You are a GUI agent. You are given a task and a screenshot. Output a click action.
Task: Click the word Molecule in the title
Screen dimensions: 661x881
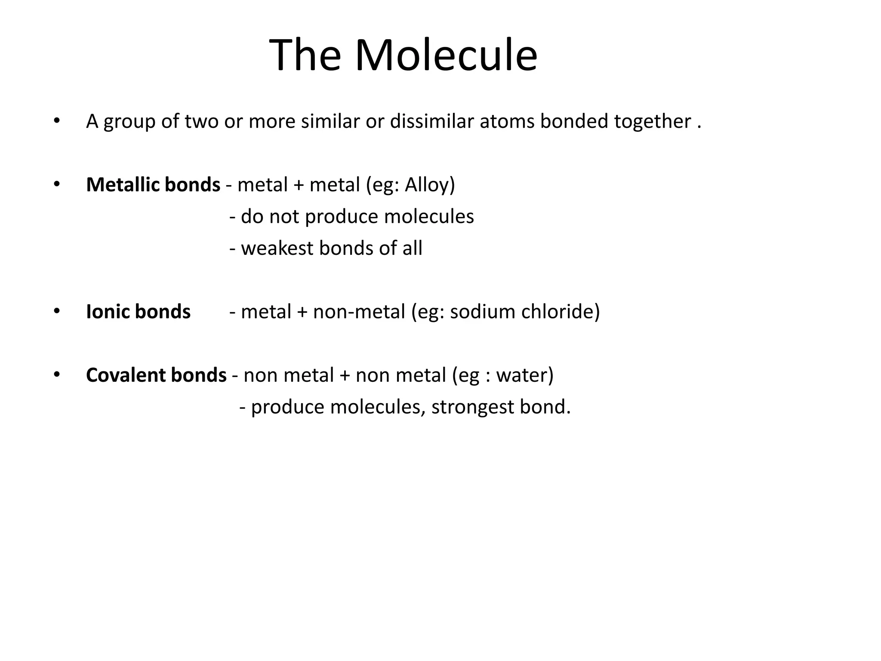coord(446,56)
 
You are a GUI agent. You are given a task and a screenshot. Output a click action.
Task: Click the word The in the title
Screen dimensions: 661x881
coord(305,56)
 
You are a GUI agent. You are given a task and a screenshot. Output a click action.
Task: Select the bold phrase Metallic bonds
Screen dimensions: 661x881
coord(153,185)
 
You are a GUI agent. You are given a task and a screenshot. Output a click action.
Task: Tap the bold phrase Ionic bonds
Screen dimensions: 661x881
coord(138,312)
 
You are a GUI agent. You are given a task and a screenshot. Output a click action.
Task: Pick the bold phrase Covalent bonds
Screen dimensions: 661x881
coord(156,375)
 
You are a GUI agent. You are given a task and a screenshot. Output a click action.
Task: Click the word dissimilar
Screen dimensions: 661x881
coord(432,121)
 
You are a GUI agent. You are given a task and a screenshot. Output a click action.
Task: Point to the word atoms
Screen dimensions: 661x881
coord(507,122)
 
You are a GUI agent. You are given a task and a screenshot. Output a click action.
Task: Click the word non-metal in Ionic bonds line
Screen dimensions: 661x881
coord(359,312)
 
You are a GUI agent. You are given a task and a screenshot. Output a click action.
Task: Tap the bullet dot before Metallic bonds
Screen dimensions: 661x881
coord(56,184)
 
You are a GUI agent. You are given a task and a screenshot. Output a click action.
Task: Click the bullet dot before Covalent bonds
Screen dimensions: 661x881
coord(56,374)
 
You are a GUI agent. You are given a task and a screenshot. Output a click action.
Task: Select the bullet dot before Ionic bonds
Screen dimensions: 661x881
coord(56,311)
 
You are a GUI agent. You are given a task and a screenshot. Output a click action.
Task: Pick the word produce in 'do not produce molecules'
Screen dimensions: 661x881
coord(342,217)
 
